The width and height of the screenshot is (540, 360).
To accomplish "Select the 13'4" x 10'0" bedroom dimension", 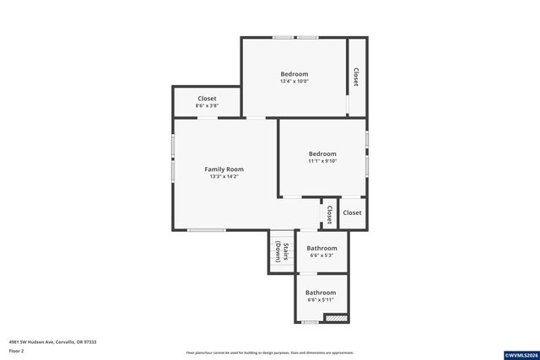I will (294, 82).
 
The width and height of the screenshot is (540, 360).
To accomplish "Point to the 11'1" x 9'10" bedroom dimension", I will (322, 162).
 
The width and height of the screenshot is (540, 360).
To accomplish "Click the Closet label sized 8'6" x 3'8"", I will (207, 99).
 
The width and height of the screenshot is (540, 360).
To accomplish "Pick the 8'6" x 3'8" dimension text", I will (207, 106).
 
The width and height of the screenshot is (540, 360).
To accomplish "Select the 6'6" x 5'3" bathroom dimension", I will (321, 255).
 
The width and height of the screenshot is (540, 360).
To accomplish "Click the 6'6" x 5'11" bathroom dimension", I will (321, 299).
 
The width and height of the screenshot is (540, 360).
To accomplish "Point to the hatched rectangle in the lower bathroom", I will (337, 318).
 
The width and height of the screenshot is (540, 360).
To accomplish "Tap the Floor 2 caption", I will (17, 351).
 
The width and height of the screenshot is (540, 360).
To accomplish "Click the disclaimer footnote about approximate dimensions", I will (270, 352).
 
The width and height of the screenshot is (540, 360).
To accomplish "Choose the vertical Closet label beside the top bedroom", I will (356, 77).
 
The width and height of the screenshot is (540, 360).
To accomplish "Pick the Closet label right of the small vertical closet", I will (352, 212).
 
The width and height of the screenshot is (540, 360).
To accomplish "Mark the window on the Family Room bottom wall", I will (206, 229).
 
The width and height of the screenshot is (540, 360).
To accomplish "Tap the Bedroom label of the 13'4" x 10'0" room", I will (294, 73).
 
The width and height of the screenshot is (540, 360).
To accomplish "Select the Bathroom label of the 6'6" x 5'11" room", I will (321, 292).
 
